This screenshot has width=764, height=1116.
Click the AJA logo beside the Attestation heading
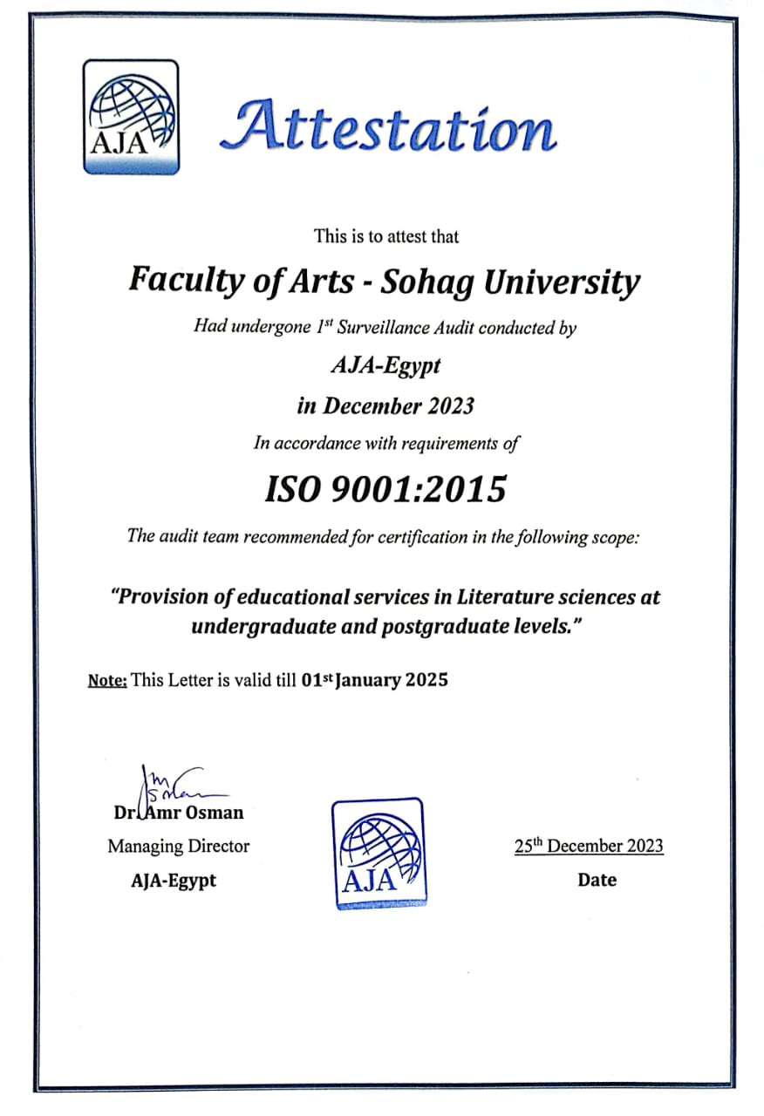point(131,116)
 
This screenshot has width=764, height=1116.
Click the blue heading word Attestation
point(387,126)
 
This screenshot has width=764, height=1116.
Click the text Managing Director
point(178,846)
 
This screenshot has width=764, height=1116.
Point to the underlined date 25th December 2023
point(589,846)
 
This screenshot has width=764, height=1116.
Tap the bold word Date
point(597,880)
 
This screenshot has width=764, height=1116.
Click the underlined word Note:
point(107,681)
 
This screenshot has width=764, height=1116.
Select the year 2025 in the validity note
point(427,680)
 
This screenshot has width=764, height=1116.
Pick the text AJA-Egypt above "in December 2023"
point(385,366)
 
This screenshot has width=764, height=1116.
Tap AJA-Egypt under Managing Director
point(174,880)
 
